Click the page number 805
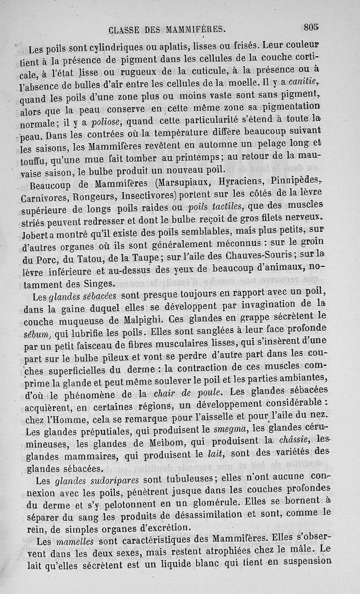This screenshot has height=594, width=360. pyautogui.click(x=311, y=27)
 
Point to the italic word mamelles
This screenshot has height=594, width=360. pyautogui.click(x=65, y=540)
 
